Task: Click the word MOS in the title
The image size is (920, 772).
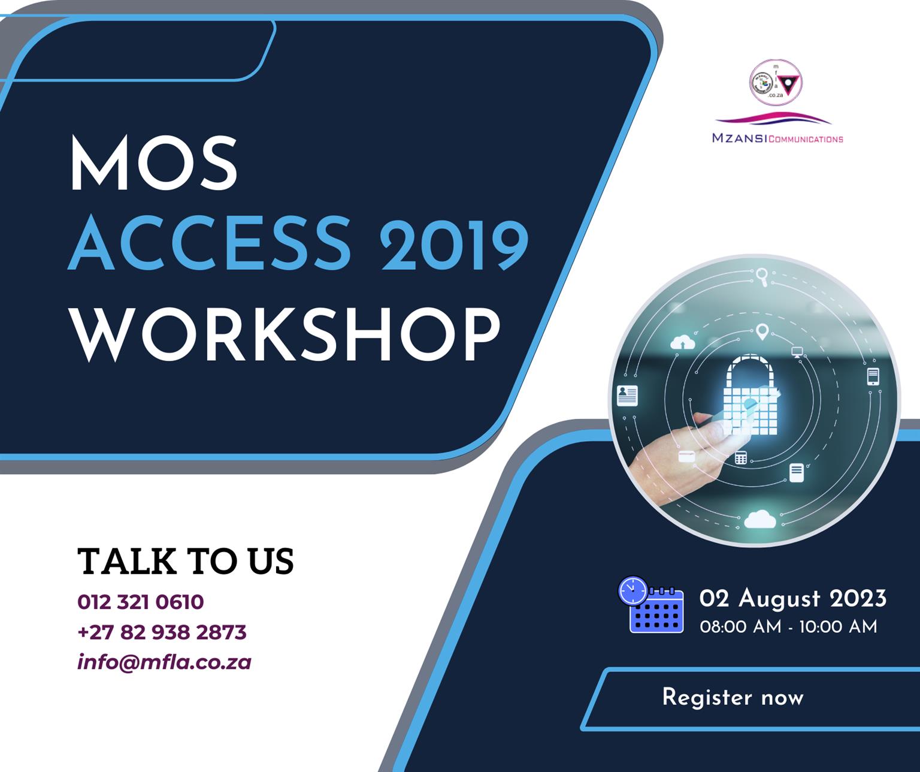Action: point(154,162)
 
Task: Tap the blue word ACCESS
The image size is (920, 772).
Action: point(209,243)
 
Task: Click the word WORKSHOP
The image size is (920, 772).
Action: point(286,334)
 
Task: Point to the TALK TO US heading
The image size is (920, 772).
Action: point(186,561)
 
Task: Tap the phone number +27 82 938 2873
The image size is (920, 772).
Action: point(162,632)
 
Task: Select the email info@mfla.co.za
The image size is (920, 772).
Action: point(164,662)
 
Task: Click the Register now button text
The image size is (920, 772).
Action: point(733,698)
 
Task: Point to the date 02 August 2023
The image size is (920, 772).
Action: point(792,599)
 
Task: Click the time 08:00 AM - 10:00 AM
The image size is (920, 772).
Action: point(789,626)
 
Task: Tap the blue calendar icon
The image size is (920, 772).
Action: point(651,605)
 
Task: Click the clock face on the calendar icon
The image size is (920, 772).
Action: point(633,590)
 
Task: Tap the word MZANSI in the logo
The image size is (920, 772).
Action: point(740,138)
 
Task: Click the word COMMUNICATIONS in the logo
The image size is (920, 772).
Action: point(806,139)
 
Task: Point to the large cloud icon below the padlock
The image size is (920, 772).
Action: point(759,519)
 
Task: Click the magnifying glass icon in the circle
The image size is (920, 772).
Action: point(762,276)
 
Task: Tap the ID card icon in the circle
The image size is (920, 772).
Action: point(628,395)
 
